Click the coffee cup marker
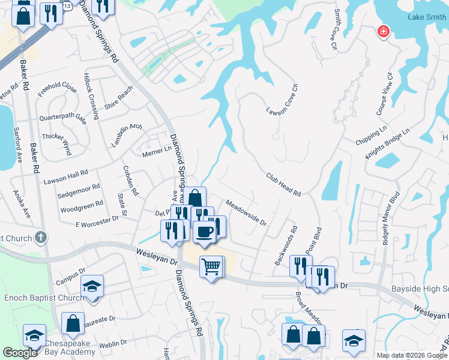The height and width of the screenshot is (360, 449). point(204,232)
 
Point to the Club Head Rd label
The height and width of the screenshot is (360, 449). point(283,184)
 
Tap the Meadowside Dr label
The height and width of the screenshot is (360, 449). point(246,212)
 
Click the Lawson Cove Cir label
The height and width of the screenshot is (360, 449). point(282,100)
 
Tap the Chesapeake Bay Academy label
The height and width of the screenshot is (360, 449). point(70,347)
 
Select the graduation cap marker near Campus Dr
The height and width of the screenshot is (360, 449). point(92,286)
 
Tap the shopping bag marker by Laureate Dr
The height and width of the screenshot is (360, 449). point(73,323)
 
